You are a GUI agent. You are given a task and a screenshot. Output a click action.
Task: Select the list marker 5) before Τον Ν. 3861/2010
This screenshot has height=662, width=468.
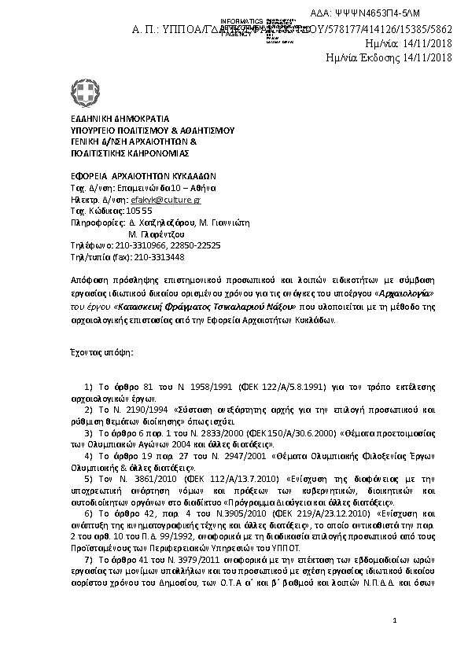click(87, 477)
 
